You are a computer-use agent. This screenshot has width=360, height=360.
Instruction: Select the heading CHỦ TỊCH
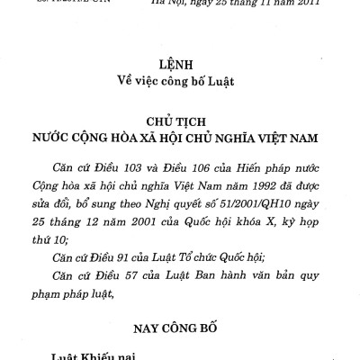pos(180,121)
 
